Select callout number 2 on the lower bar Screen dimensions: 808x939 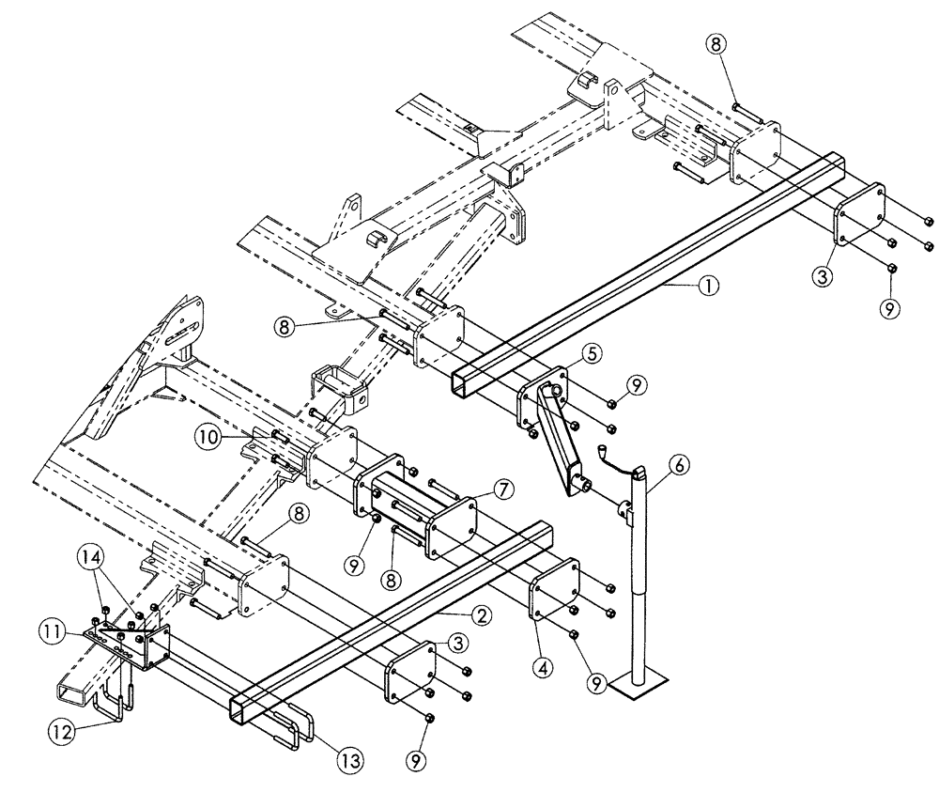[480, 616]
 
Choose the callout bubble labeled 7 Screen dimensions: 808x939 [502, 490]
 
